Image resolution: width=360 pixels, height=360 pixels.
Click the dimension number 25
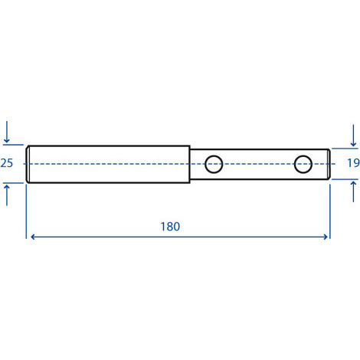pyautogui.click(x=6, y=163)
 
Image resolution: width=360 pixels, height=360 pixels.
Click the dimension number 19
pyautogui.click(x=354, y=163)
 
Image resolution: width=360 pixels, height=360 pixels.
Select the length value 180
pyautogui.click(x=170, y=227)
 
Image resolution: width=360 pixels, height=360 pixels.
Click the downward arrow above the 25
pyautogui.click(x=7, y=132)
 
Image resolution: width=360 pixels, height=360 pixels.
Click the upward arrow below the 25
pyautogui.click(x=7, y=195)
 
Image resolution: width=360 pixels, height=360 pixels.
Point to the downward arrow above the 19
pyautogui.click(x=353, y=136)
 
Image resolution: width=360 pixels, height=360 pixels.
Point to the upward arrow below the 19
pyautogui.click(x=353, y=191)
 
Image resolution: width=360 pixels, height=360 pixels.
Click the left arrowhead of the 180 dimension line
pyautogui.click(x=32, y=237)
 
